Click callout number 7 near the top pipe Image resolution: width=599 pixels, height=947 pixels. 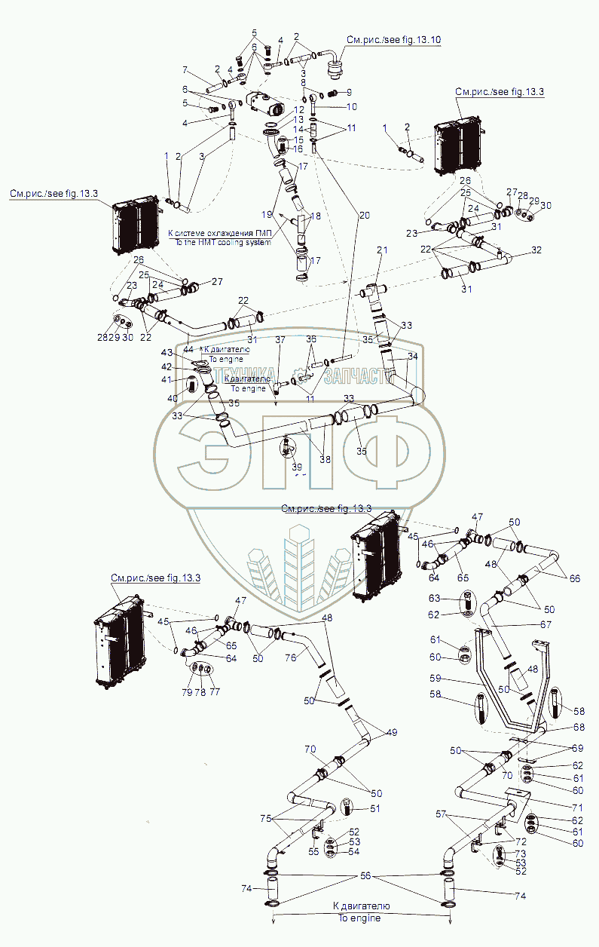click(x=184, y=70)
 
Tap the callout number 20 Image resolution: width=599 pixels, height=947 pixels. click(x=365, y=216)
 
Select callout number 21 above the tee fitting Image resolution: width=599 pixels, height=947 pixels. click(x=382, y=250)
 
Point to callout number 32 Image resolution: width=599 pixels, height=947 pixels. click(x=536, y=250)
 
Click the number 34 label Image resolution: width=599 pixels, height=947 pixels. click(x=413, y=356)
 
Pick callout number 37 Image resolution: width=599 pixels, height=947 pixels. click(x=280, y=340)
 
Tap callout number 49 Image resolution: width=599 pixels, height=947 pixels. click(x=392, y=732)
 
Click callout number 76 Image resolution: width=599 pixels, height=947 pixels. click(x=289, y=657)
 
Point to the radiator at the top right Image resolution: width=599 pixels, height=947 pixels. click(x=458, y=143)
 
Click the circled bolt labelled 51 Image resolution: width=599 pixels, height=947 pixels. click(x=347, y=807)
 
